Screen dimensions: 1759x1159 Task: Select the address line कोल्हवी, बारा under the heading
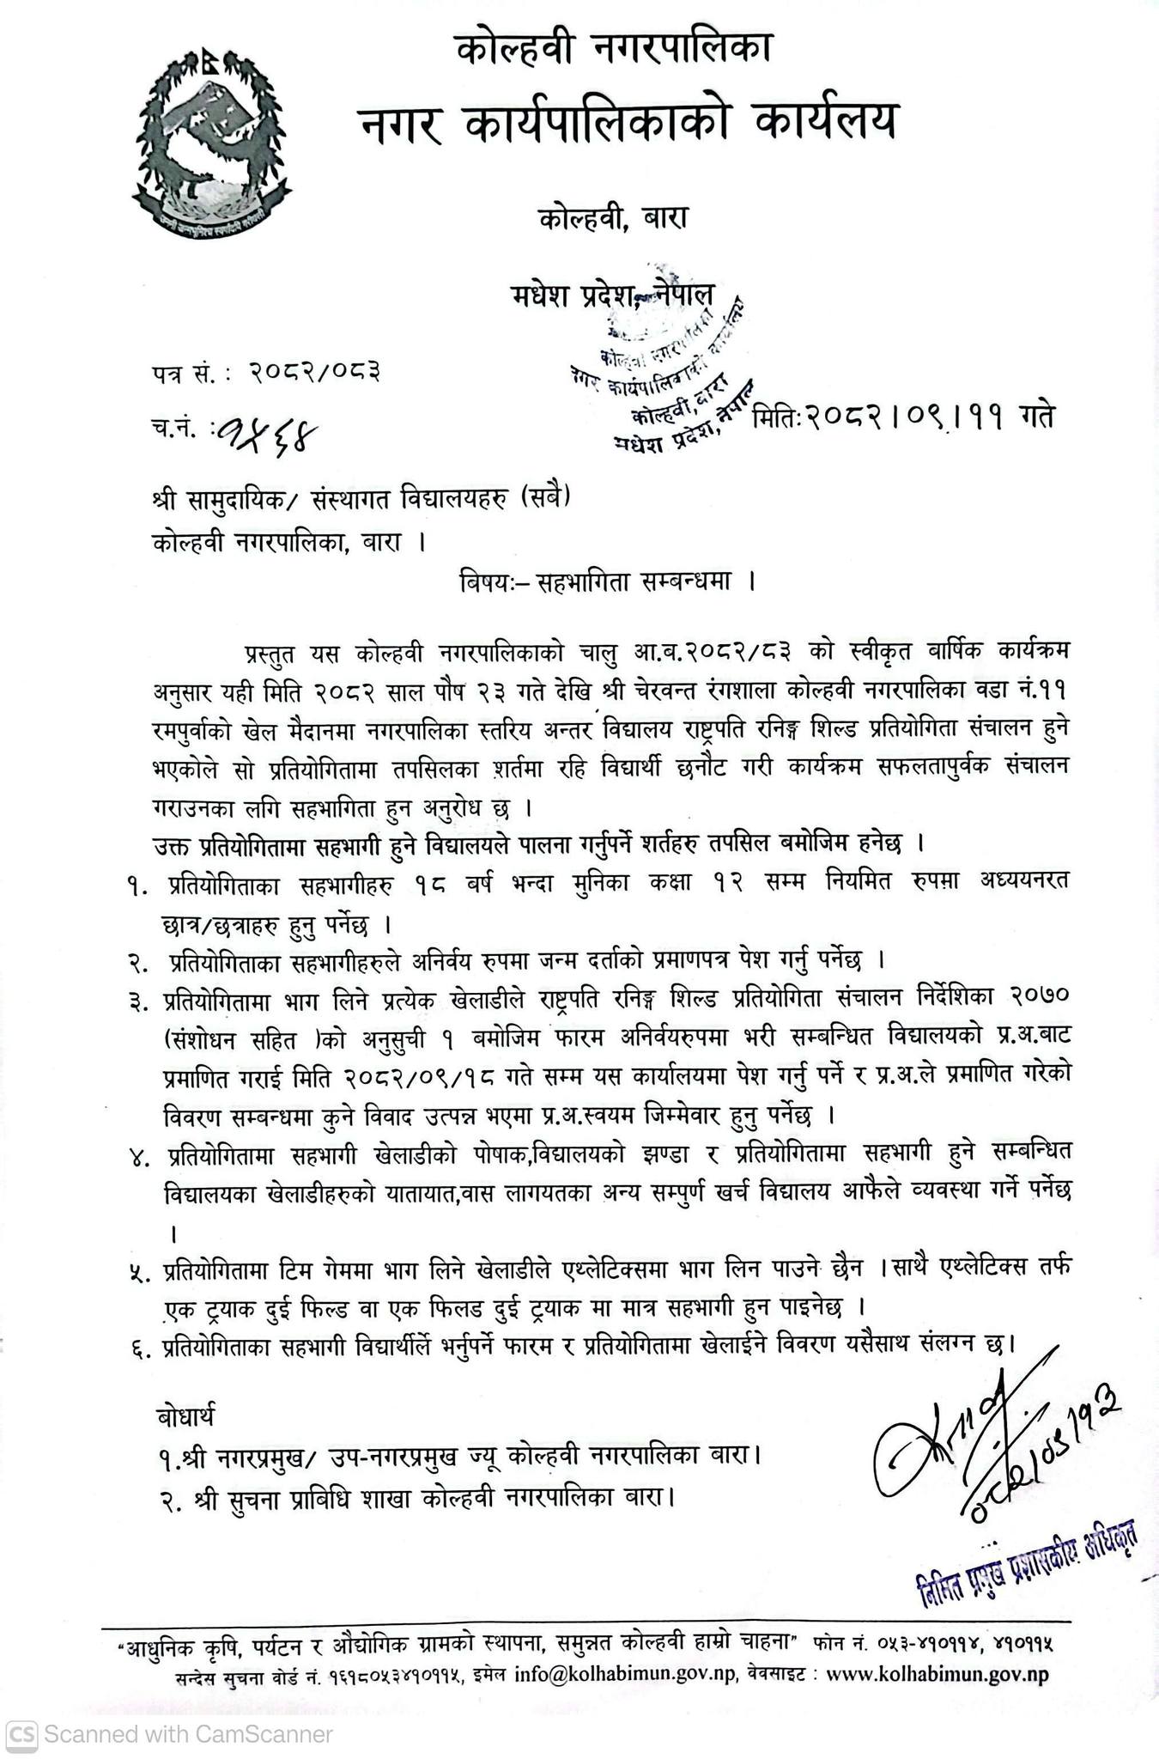coord(614,218)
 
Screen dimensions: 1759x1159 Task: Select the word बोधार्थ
coord(187,1413)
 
